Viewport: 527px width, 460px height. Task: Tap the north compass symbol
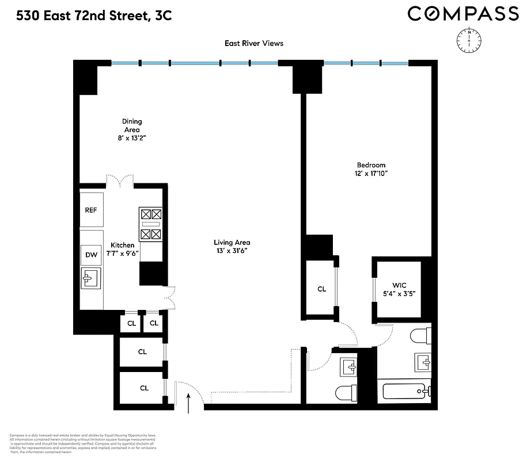tap(469, 40)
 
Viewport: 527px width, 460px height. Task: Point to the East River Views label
tap(254, 43)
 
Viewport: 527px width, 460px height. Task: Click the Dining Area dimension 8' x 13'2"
tap(131, 138)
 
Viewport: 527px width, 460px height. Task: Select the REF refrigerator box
tap(91, 210)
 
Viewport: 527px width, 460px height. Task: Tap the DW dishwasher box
tap(91, 255)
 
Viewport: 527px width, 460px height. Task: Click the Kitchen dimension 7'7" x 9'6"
tap(123, 254)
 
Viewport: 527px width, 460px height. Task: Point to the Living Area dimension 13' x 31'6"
tap(232, 251)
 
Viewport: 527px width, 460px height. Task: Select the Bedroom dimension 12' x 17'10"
tap(370, 173)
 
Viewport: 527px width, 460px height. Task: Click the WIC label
tap(399, 285)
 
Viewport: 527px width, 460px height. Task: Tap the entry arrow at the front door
tap(189, 404)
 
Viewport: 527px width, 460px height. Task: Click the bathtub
tap(406, 391)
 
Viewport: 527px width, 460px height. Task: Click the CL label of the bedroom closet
tap(321, 289)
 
